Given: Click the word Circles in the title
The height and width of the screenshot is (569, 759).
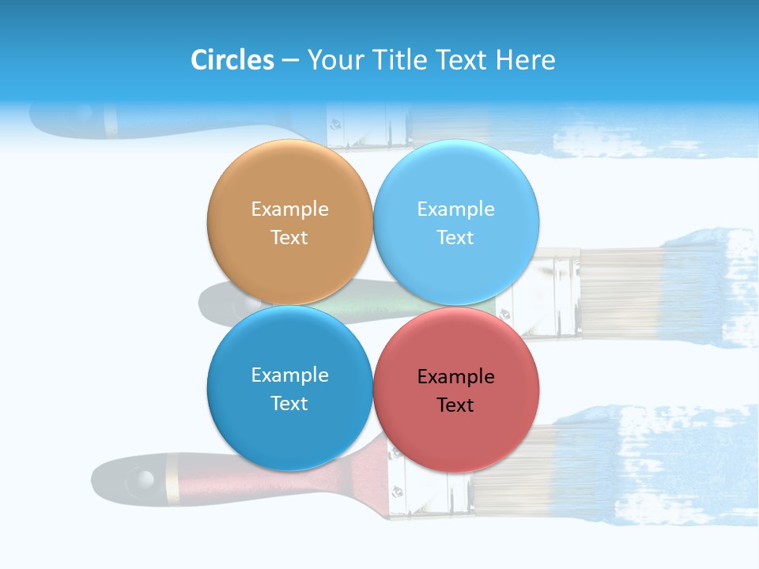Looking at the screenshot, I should click(x=232, y=60).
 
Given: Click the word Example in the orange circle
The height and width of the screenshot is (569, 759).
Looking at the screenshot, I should click(x=289, y=209).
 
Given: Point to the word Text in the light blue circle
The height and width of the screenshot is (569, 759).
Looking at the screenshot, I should click(x=455, y=238).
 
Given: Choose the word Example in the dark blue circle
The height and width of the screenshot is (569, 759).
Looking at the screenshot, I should click(x=289, y=375).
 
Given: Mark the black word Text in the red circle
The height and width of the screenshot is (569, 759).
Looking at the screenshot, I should click(x=455, y=405).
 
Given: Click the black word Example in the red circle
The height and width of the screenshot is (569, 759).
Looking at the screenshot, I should click(x=455, y=377).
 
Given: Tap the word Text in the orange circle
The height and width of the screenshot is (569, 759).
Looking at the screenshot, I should click(x=289, y=238).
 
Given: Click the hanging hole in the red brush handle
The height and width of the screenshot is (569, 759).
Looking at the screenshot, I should click(x=142, y=478).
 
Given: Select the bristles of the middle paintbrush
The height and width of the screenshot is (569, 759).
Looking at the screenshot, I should click(x=625, y=292).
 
